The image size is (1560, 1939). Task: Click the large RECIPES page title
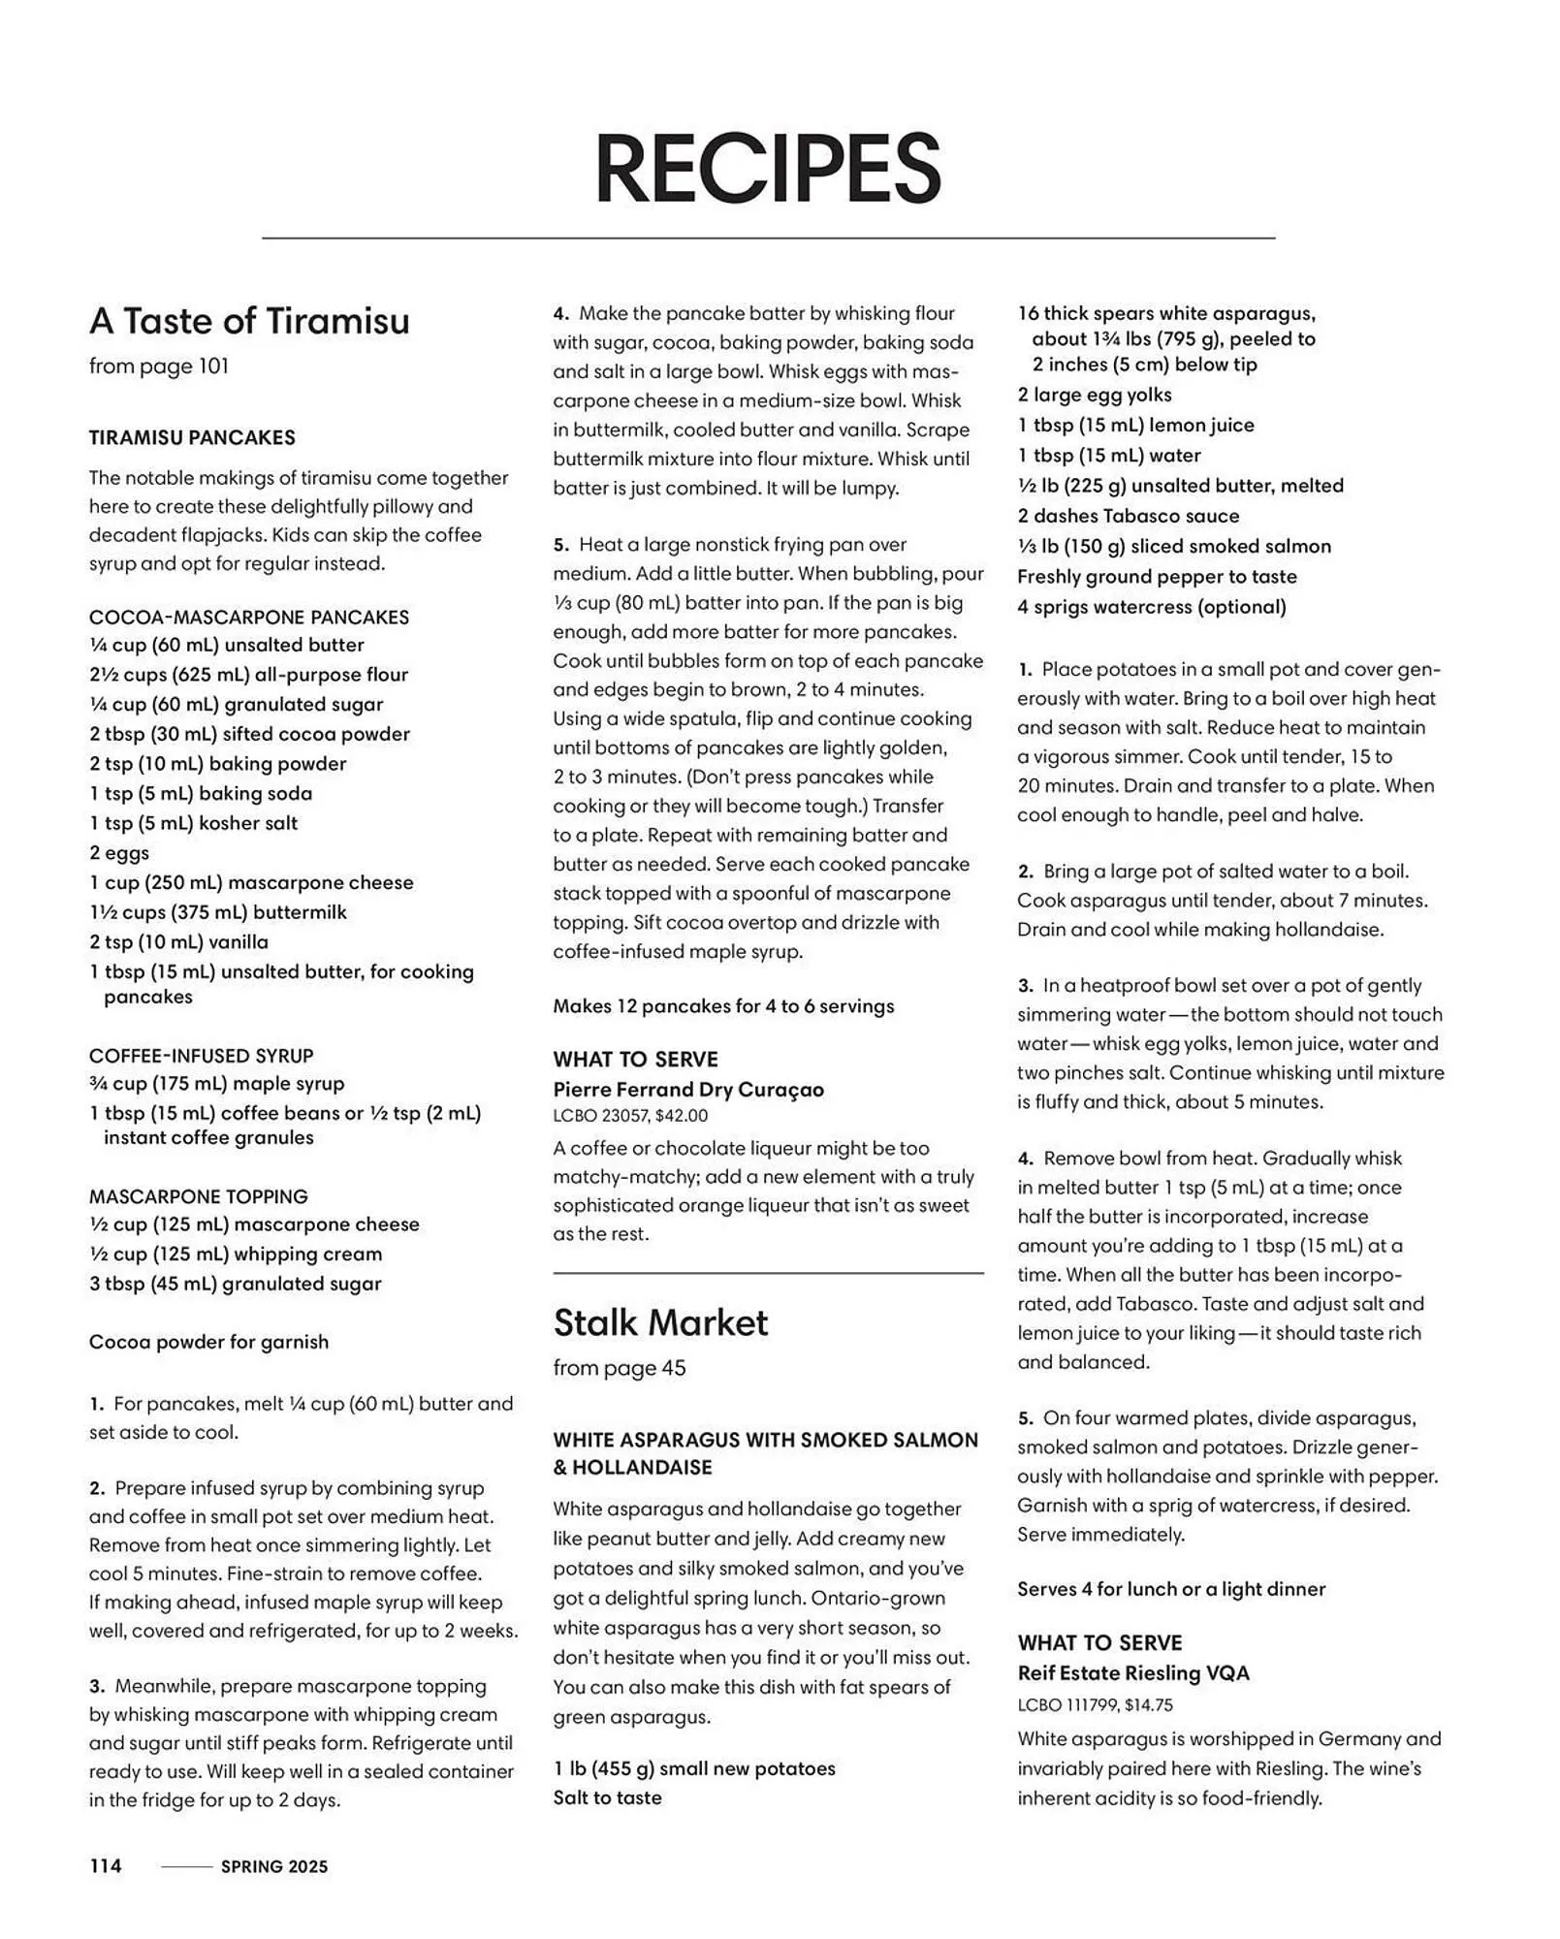767,169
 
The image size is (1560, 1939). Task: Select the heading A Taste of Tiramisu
249,321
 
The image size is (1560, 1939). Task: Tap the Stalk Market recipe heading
660,1322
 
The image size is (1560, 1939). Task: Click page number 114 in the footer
106,1866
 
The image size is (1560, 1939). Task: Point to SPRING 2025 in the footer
274,1867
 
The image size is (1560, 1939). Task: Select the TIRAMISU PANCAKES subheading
192,437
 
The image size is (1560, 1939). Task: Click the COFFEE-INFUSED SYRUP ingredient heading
201,1055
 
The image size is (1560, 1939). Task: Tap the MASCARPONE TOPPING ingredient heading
198,1196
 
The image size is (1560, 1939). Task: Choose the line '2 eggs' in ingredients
119,853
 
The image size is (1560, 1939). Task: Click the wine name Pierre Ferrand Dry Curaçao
688,1090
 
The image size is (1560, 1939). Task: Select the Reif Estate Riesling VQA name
1132,1673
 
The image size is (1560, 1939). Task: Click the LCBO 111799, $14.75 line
1095,1704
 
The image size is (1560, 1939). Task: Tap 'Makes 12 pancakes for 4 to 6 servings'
723,1006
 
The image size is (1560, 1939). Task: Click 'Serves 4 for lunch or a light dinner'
1170,1589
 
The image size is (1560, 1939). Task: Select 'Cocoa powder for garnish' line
208,1342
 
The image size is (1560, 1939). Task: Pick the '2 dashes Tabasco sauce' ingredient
1128,516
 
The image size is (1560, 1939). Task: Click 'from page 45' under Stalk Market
619,1368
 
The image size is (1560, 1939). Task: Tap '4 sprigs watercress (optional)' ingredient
1151,607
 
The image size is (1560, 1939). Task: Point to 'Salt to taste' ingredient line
607,1797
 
